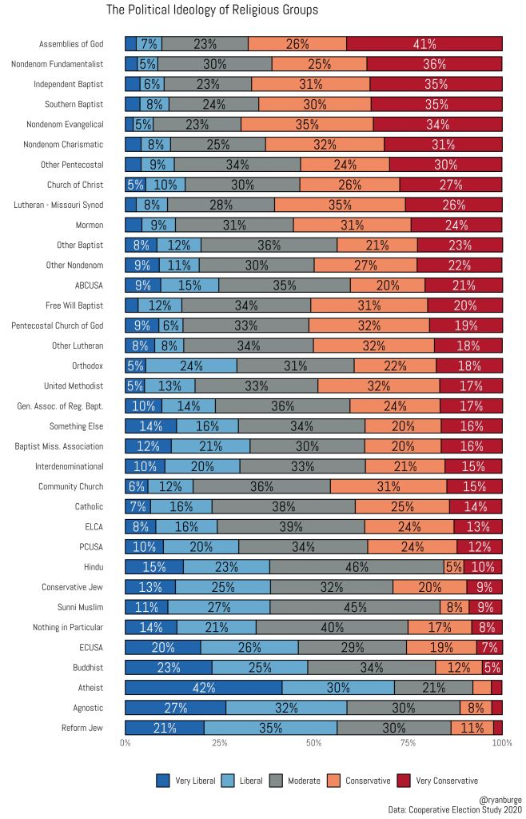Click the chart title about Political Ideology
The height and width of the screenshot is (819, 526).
click(212, 10)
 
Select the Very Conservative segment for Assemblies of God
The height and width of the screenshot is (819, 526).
click(424, 44)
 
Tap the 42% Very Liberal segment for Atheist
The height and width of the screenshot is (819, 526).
click(203, 687)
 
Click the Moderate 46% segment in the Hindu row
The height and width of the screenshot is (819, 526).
click(356, 566)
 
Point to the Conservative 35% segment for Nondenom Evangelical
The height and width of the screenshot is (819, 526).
click(307, 124)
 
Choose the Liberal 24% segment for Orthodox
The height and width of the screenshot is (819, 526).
click(191, 366)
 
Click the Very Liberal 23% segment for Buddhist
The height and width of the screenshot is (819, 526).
click(168, 667)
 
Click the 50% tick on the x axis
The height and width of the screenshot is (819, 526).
click(313, 744)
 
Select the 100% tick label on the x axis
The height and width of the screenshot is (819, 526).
click(501, 744)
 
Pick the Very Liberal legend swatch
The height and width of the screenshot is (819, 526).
click(163, 781)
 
